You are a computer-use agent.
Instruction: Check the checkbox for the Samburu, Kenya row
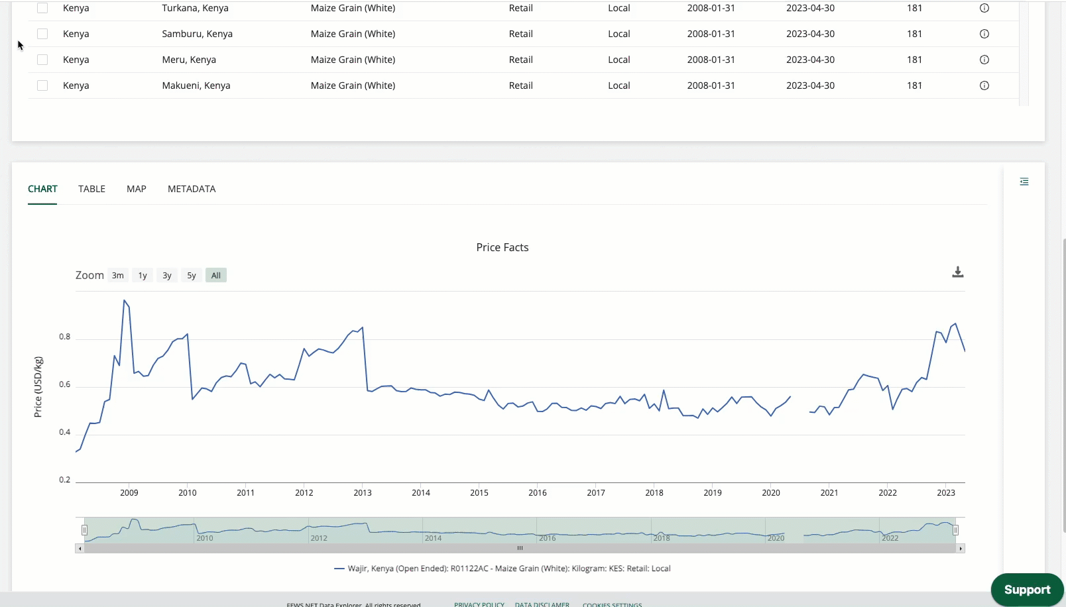tap(42, 34)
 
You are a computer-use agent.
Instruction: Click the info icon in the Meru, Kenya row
tap(984, 60)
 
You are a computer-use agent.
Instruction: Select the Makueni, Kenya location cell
tap(196, 85)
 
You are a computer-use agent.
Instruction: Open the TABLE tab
tap(91, 189)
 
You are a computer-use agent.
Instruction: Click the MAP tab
tap(137, 189)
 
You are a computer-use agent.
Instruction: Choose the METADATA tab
tap(192, 189)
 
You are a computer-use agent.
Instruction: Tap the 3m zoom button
tap(118, 276)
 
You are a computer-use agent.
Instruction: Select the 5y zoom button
tap(192, 276)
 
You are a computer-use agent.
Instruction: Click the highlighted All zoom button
tap(216, 276)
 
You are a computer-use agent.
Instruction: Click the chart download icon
tap(958, 272)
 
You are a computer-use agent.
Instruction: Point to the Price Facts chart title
tap(503, 247)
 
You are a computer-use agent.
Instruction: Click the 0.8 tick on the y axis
tap(64, 337)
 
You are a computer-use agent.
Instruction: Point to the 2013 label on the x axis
tap(363, 493)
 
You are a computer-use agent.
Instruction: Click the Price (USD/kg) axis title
tap(38, 387)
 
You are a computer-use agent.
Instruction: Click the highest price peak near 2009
tap(124, 300)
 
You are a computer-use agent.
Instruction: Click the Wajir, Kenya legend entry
tap(503, 569)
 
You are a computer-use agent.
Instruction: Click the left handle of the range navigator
tap(84, 530)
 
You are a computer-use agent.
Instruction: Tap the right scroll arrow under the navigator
tap(961, 549)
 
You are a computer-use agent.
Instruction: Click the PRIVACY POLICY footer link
tap(479, 604)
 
